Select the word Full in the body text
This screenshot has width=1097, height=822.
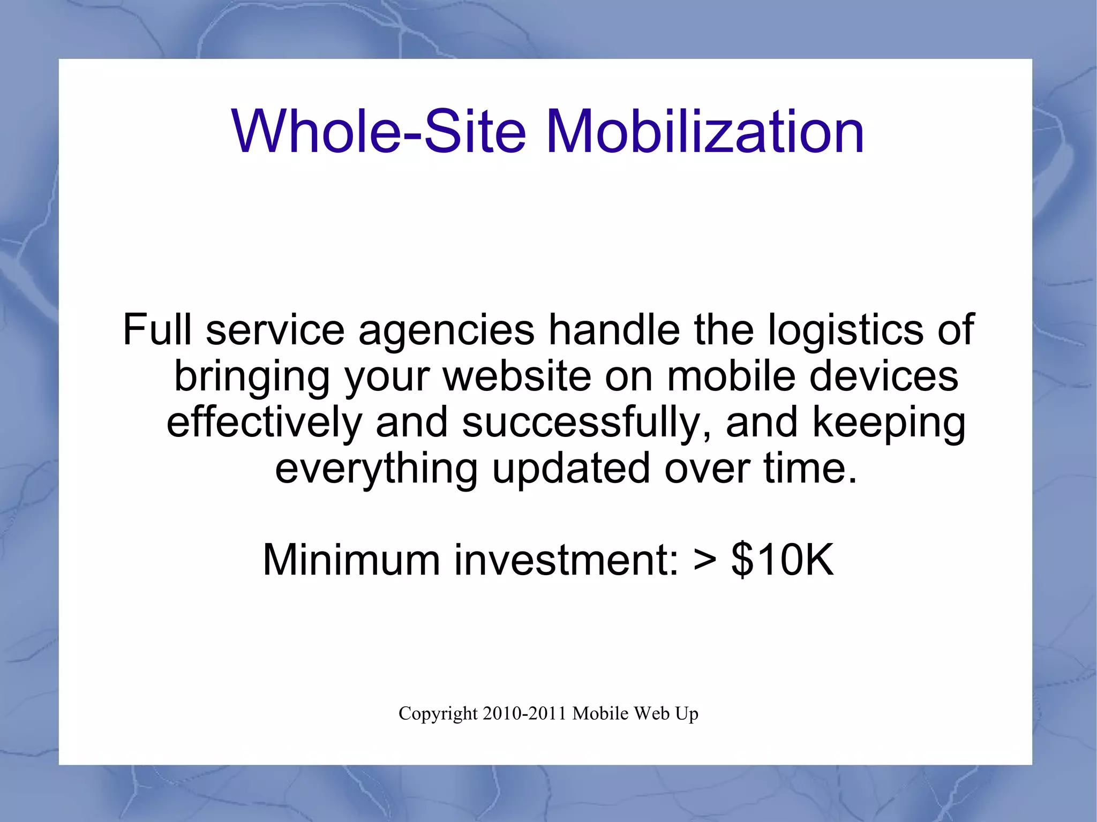coord(157,329)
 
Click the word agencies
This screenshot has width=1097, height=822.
coord(446,331)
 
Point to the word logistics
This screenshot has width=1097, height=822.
coord(846,331)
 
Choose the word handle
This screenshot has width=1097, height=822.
coord(614,329)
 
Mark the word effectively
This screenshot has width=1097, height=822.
coord(265,422)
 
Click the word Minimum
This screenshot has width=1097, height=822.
coord(351,560)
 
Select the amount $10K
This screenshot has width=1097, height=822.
coord(783,560)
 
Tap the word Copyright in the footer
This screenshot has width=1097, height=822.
coord(438,714)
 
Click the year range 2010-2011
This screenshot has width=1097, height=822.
coord(524,713)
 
